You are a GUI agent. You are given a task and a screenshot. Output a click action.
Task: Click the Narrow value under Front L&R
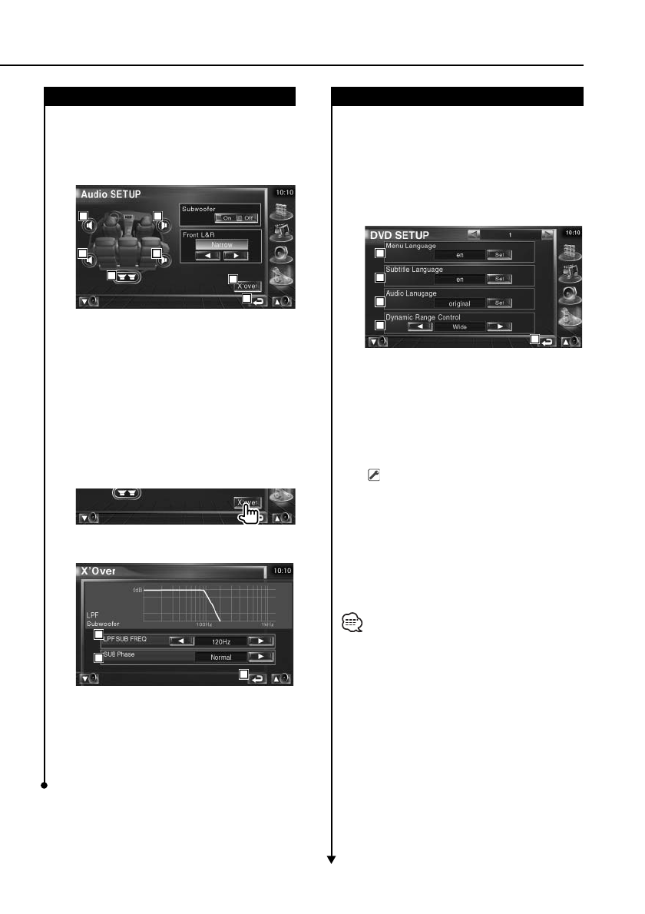221,243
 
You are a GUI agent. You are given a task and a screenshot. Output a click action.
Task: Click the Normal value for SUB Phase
220,657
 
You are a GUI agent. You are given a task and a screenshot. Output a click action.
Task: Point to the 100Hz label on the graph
203,624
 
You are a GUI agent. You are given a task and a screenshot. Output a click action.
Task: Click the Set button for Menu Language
499,253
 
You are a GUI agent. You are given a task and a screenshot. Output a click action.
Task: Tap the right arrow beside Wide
500,326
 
